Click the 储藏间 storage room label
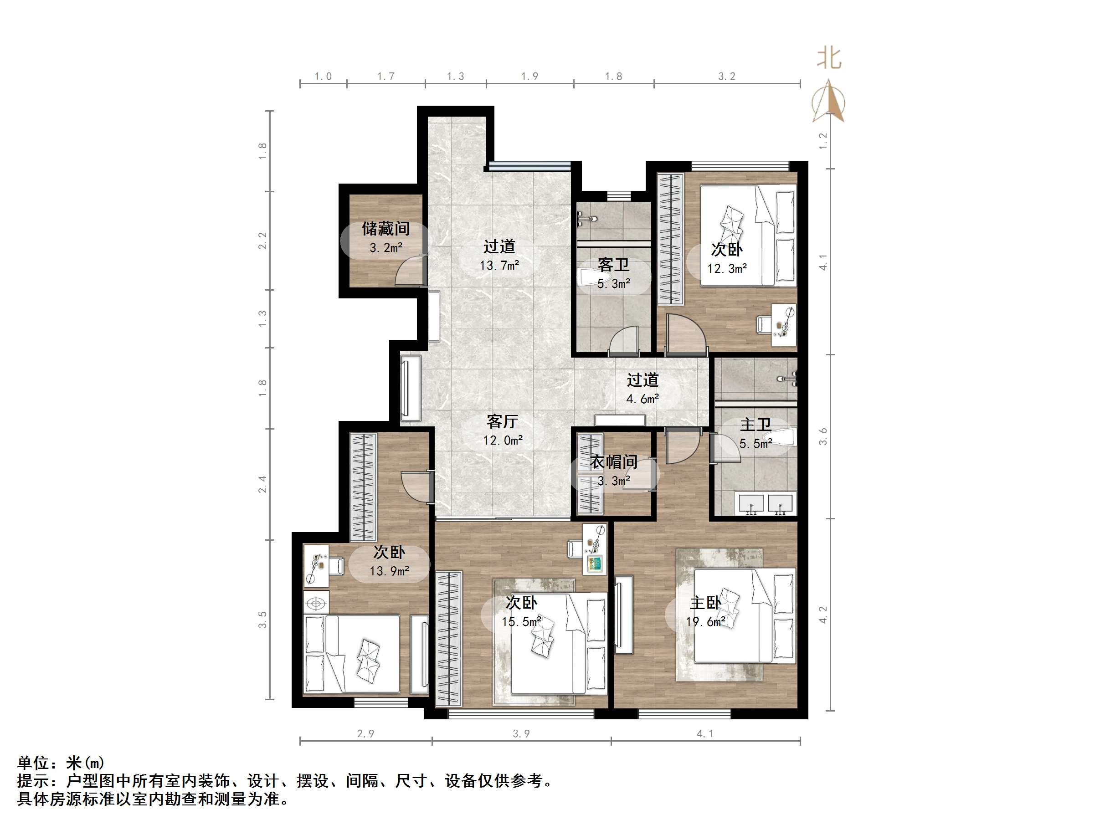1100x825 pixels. point(386,229)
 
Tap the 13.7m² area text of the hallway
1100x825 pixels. point(499,266)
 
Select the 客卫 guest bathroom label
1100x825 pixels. point(614,265)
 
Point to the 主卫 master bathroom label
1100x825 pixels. point(756,425)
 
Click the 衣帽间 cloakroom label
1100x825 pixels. point(614,462)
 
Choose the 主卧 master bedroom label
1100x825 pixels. point(705,603)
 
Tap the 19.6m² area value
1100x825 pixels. point(705,622)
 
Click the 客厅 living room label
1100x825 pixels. point(502,422)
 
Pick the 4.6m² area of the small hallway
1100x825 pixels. point(643,399)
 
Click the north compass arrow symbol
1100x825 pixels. point(828,102)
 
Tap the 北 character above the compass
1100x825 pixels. point(829,59)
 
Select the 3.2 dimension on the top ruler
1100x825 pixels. point(726,77)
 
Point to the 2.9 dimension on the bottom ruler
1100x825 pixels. point(365,733)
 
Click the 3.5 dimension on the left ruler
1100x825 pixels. point(262,620)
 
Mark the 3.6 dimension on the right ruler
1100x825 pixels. point(823,436)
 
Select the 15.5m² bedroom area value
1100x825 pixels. point(521,622)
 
